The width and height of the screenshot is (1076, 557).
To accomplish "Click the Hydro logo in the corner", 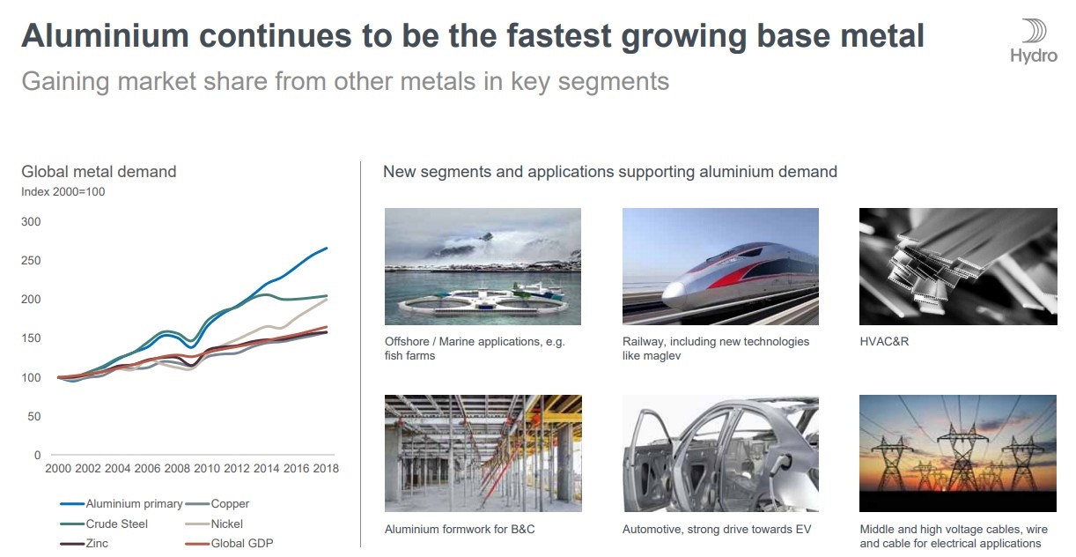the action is click(x=1034, y=41).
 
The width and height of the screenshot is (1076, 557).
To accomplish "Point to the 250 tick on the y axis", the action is click(x=31, y=260).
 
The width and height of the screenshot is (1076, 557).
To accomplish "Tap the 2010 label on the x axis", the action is click(x=207, y=469).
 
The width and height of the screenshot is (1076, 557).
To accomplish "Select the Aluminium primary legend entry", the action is click(x=121, y=503).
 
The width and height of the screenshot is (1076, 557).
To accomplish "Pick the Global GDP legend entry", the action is click(x=229, y=544).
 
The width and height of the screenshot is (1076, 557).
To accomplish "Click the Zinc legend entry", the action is click(x=84, y=544).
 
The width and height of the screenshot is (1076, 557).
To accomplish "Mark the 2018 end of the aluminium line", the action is click(x=328, y=249).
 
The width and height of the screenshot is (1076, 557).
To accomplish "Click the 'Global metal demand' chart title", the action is click(x=99, y=172).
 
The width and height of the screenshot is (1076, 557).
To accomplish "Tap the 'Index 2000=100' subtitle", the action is click(x=63, y=192).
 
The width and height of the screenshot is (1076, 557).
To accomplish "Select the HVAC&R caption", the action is click(x=884, y=341).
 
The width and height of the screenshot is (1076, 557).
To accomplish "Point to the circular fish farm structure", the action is click(x=483, y=303).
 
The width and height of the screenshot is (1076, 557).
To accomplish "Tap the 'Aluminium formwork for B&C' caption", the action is click(x=460, y=529).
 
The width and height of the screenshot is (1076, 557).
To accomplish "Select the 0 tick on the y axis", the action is click(x=38, y=455).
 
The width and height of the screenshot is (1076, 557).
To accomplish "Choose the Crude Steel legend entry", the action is click(x=104, y=524).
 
